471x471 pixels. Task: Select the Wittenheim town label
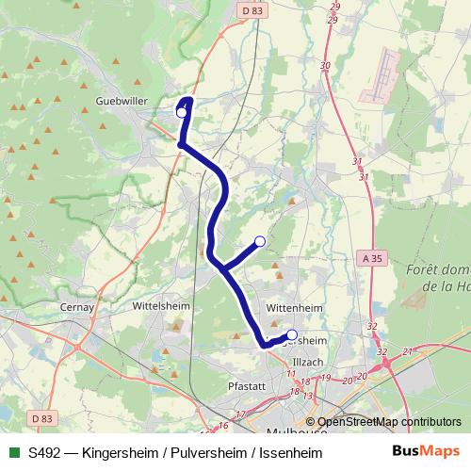[294, 307]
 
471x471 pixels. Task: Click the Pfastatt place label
[247, 385]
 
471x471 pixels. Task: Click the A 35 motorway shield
[372, 256]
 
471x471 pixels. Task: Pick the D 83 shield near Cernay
[41, 417]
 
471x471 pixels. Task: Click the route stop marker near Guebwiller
[182, 112]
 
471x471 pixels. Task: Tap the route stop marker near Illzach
[292, 334]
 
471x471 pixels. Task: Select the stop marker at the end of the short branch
[260, 241]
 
